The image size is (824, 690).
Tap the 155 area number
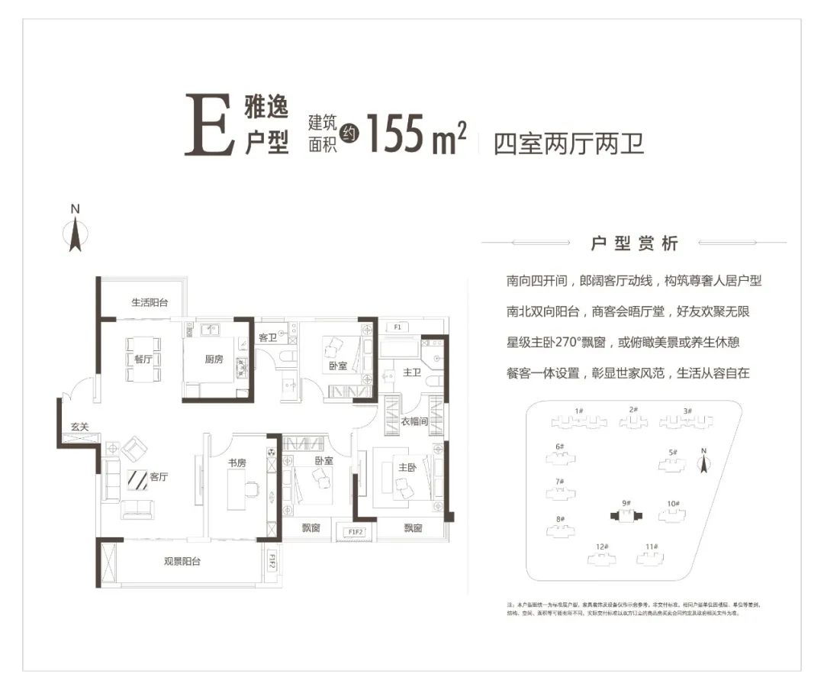pos(395,133)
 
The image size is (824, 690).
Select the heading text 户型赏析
pos(634,244)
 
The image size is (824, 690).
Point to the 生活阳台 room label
pos(149,303)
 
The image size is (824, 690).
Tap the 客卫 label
pos(268,337)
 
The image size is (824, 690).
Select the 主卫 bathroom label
pos(412,372)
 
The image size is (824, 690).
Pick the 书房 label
pos(237,463)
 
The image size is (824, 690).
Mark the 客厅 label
pos(158,477)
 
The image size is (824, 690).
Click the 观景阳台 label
pos(182,562)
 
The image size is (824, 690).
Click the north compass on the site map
pos(705,460)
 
